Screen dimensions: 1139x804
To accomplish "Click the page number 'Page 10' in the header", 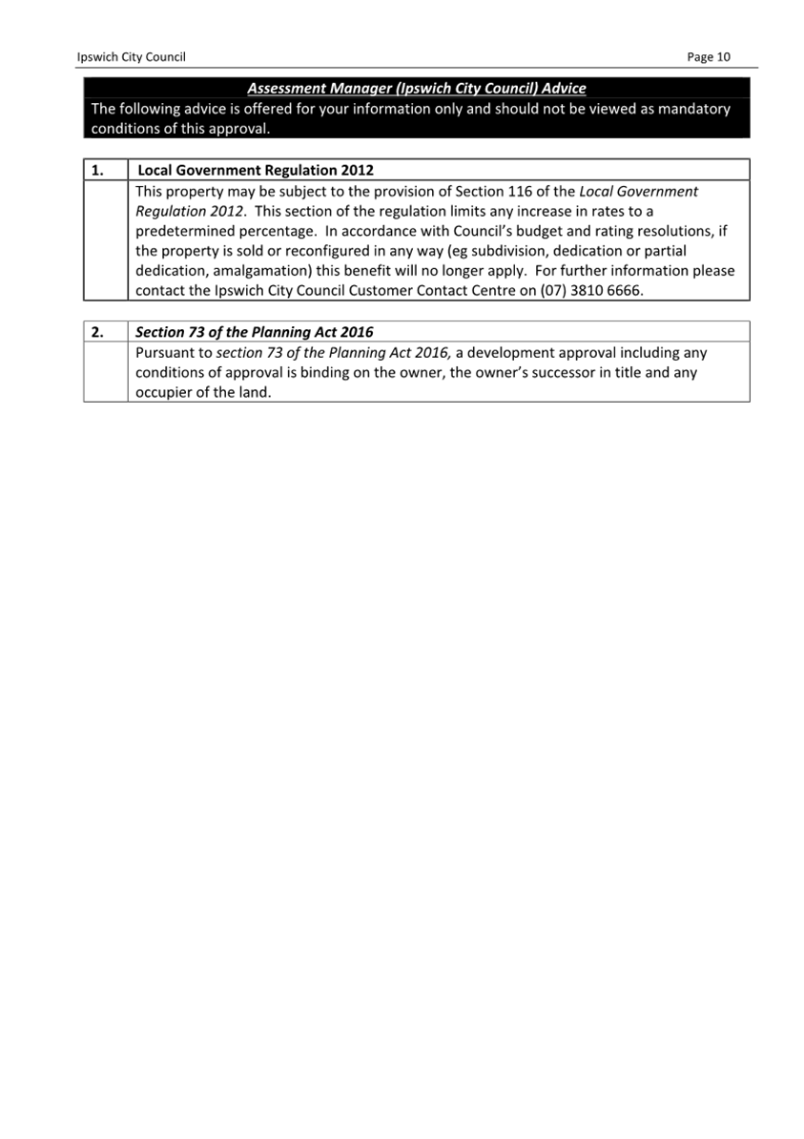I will [708, 57].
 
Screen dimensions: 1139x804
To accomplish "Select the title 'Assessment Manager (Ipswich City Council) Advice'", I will [416, 89].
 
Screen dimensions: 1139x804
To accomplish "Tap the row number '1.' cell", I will [97, 171].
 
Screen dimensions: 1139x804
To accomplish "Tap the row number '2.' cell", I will [97, 333].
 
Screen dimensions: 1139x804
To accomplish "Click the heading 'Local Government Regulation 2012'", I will [256, 171].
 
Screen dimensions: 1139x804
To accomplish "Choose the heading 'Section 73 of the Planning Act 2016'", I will [255, 333].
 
